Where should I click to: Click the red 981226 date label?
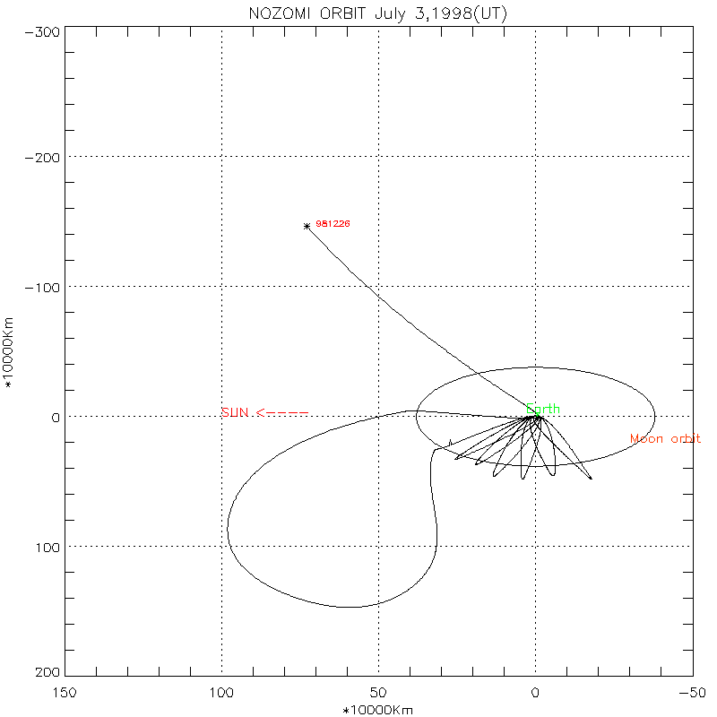[x=332, y=223]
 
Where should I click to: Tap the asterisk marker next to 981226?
[x=307, y=226]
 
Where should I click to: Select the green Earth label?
[x=543, y=410]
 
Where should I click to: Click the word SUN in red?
[x=234, y=412]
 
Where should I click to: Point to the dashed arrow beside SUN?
[x=282, y=413]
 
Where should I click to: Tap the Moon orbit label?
[x=665, y=439]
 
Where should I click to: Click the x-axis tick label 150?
[x=65, y=693]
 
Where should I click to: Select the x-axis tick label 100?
[x=221, y=693]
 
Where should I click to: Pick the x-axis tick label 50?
[x=378, y=693]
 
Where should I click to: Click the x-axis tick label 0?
[x=535, y=693]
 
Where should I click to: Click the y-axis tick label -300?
[x=43, y=31]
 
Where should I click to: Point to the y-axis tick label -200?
[x=43, y=157]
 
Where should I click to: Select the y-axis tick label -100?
[x=43, y=287]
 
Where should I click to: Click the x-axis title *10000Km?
[x=378, y=710]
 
